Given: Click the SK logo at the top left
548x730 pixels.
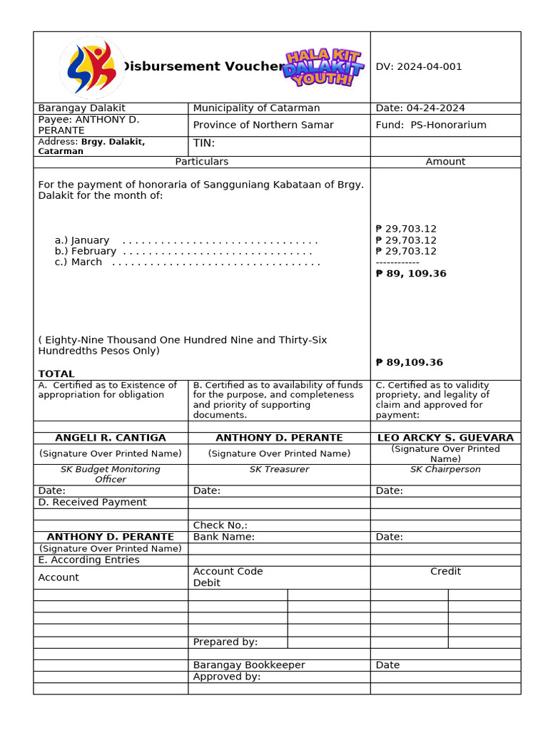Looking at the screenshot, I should pyautogui.click(x=91, y=67).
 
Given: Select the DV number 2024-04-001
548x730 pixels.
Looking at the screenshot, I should pyautogui.click(x=419, y=67).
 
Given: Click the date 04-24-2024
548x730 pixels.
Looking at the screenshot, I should pyautogui.click(x=420, y=108).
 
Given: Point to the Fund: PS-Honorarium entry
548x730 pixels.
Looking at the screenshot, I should pyautogui.click(x=431, y=125).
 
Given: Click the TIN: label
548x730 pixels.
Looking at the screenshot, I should pyautogui.click(x=204, y=143).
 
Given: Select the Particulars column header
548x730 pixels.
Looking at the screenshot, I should pyautogui.click(x=202, y=162).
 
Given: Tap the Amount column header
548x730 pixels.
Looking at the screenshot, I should pyautogui.click(x=445, y=162).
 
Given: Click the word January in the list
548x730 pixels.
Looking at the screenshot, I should pyautogui.click(x=90, y=240).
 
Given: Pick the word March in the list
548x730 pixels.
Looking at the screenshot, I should pyautogui.click(x=86, y=262).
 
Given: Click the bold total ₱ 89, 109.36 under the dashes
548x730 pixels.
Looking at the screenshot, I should pyautogui.click(x=411, y=274).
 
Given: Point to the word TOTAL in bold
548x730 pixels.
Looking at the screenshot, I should pyautogui.click(x=56, y=374).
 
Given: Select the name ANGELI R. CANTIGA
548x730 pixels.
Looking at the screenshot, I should pyautogui.click(x=111, y=438).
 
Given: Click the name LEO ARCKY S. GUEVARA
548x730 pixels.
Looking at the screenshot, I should pyautogui.click(x=445, y=438).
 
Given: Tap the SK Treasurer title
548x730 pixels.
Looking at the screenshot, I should pyautogui.click(x=279, y=469).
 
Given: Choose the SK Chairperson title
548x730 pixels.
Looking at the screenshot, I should pyautogui.click(x=445, y=469).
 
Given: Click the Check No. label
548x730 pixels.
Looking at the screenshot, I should pyautogui.click(x=220, y=525).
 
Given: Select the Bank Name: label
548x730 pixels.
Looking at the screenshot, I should pyautogui.click(x=224, y=537).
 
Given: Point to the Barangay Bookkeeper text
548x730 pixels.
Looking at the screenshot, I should pyautogui.click(x=249, y=665).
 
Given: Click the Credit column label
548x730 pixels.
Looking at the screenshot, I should pyautogui.click(x=445, y=572).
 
